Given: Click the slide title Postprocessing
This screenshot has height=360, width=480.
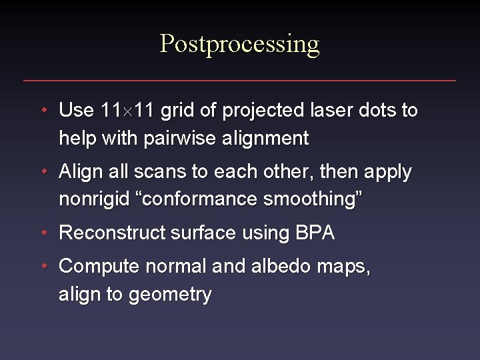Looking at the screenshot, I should (240, 44).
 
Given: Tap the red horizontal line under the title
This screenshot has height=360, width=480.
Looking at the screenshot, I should (240, 81).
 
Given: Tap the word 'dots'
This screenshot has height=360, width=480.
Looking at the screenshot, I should (376, 110).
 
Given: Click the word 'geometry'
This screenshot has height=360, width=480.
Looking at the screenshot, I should (171, 295).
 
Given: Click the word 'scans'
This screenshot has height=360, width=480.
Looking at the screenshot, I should (163, 172).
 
